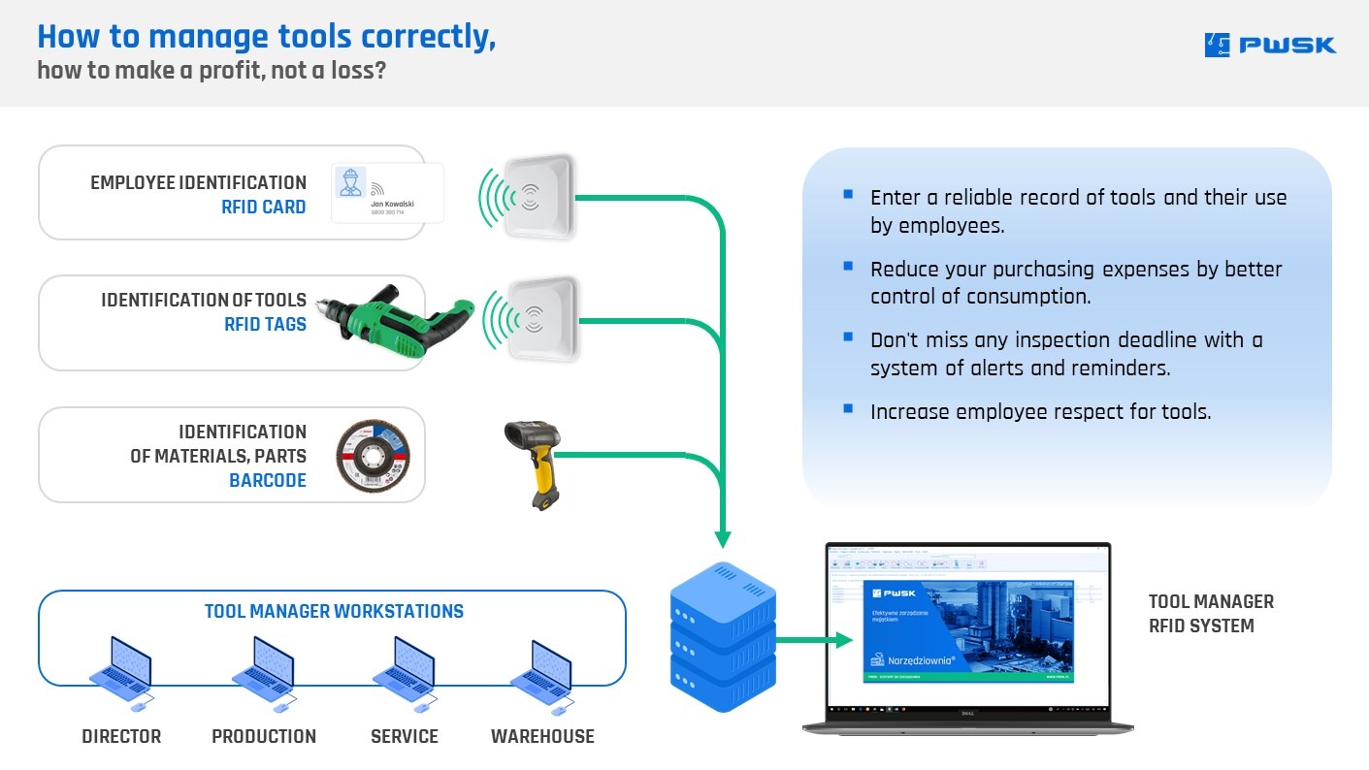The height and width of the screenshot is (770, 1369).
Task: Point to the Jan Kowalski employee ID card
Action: (387, 192)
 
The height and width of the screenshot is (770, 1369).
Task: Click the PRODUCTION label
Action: (264, 736)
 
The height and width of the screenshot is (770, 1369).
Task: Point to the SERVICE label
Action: (405, 736)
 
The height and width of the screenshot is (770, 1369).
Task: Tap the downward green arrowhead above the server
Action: (722, 538)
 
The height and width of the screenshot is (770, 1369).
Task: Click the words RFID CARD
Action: (264, 207)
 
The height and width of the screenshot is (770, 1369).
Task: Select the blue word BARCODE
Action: (268, 480)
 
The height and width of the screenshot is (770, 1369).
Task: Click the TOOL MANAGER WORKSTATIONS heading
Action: (334, 611)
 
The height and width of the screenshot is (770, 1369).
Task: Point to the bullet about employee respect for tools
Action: (1040, 411)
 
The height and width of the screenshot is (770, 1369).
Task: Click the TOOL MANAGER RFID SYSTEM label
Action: (1211, 613)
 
